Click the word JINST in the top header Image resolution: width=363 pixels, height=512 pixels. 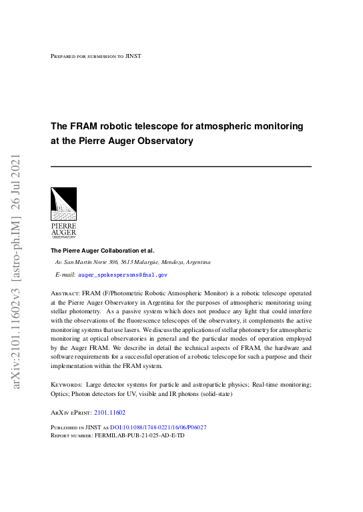[133, 57]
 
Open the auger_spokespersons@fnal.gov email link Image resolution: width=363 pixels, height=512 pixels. [122, 274]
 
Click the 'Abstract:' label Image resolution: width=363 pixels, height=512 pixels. [66, 293]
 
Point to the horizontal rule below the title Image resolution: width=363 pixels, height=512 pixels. [181, 166]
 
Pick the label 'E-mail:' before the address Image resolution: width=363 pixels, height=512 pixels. [65, 274]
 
